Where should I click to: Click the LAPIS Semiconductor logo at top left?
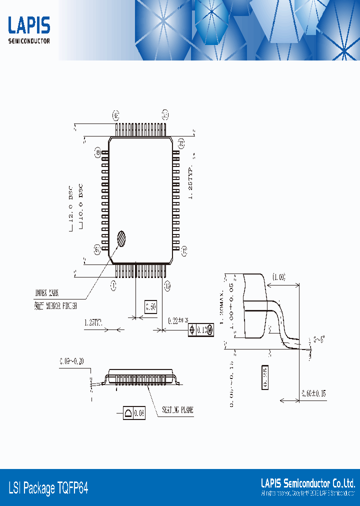[x=29, y=30]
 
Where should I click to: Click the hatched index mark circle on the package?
[x=121, y=238]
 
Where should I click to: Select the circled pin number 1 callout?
[x=113, y=285]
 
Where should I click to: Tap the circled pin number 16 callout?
[x=167, y=285]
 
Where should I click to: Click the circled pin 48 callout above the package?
[x=115, y=115]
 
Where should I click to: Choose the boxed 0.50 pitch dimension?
[x=150, y=306]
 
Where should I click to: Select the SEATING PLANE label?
[x=177, y=410]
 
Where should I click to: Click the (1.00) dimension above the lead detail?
[x=278, y=276]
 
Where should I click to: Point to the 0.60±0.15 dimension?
[x=313, y=393]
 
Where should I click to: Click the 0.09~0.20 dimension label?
[x=73, y=361]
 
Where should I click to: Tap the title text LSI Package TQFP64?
[x=48, y=487]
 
